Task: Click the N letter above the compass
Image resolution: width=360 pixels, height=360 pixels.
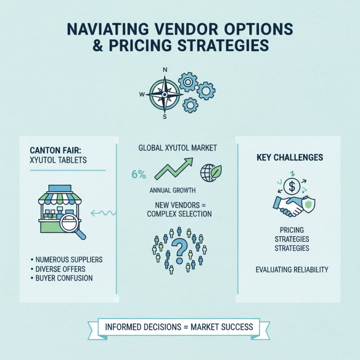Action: click(165, 70)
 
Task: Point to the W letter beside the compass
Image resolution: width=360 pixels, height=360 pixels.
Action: click(142, 94)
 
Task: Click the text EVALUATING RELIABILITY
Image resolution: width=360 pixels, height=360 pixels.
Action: click(292, 270)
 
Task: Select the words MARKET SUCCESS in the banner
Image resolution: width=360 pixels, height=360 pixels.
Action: click(222, 327)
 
